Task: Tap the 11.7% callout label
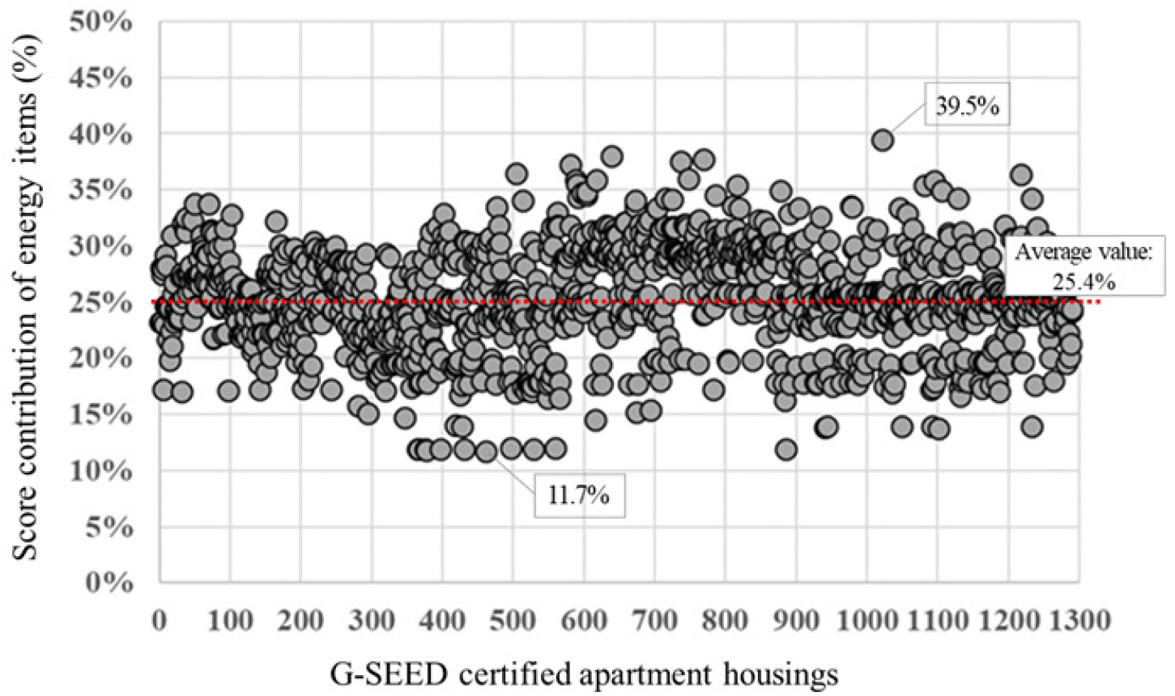(x=579, y=495)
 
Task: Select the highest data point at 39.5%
(x=883, y=141)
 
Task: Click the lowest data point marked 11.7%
(x=486, y=452)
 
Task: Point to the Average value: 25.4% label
(x=1083, y=267)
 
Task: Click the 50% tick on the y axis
(x=100, y=22)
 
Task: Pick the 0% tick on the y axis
(x=109, y=582)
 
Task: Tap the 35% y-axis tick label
(x=100, y=190)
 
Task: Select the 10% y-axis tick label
(x=100, y=470)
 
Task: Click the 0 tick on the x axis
(x=160, y=621)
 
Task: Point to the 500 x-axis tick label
(x=513, y=621)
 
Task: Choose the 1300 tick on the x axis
(x=1079, y=621)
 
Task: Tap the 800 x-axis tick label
(x=725, y=621)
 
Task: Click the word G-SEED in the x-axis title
(x=388, y=674)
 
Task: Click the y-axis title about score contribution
(x=25, y=297)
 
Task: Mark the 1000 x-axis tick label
(x=866, y=621)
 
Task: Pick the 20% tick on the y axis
(x=100, y=359)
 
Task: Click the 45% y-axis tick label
(x=100, y=78)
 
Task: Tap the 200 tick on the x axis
(x=300, y=621)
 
